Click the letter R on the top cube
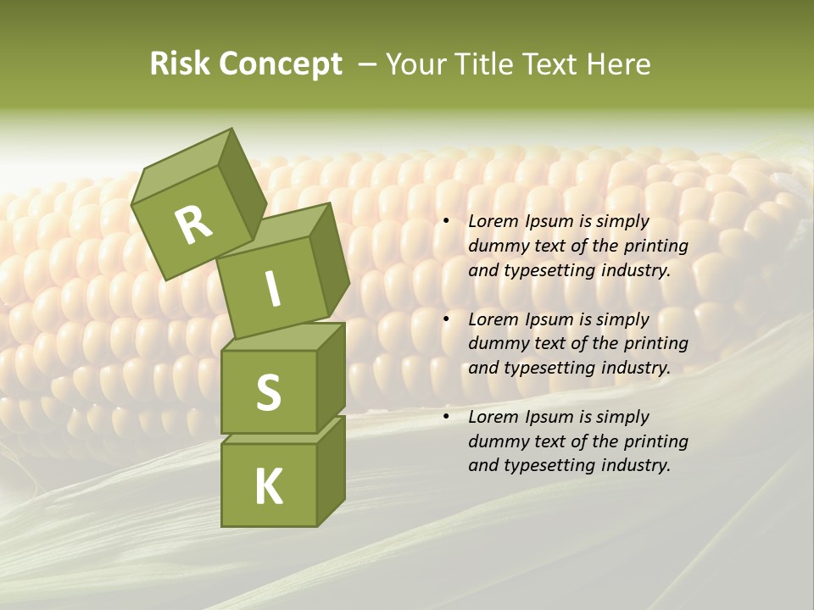193,225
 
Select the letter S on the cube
268,392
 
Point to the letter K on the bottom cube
268,486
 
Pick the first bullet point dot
446,222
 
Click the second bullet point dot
446,320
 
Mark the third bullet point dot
446,418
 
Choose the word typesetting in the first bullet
546,271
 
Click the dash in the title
367,64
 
